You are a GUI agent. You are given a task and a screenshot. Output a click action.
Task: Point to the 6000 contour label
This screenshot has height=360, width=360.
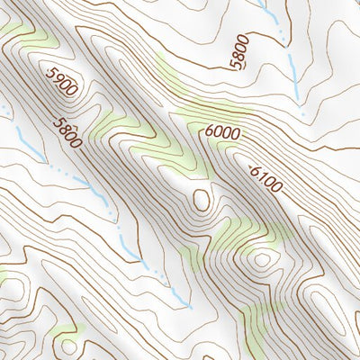(221, 132)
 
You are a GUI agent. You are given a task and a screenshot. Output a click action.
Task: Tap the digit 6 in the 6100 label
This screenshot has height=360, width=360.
(253, 168)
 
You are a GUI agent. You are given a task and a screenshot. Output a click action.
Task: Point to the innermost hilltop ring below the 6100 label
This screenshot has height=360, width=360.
(261, 261)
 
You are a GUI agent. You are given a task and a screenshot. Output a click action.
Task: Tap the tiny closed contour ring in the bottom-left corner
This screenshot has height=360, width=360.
(66, 347)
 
